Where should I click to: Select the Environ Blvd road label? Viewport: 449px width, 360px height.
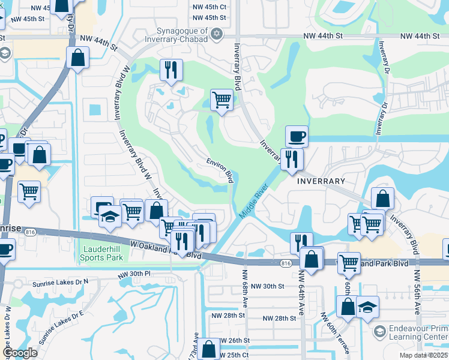pyautogui.click(x=220, y=170)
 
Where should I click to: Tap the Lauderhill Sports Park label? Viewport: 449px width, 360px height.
pyautogui.click(x=101, y=253)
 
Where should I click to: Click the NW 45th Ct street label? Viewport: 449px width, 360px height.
pyautogui.click(x=209, y=7)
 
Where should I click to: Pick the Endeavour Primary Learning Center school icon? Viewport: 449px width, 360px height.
pyautogui.click(x=379, y=331)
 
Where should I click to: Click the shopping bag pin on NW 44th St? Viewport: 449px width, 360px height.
pyautogui.click(x=78, y=58)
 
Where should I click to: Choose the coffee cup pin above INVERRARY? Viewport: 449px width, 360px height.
pyautogui.click(x=297, y=136)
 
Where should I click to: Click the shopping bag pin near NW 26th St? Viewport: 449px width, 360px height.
pyautogui.click(x=209, y=349)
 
